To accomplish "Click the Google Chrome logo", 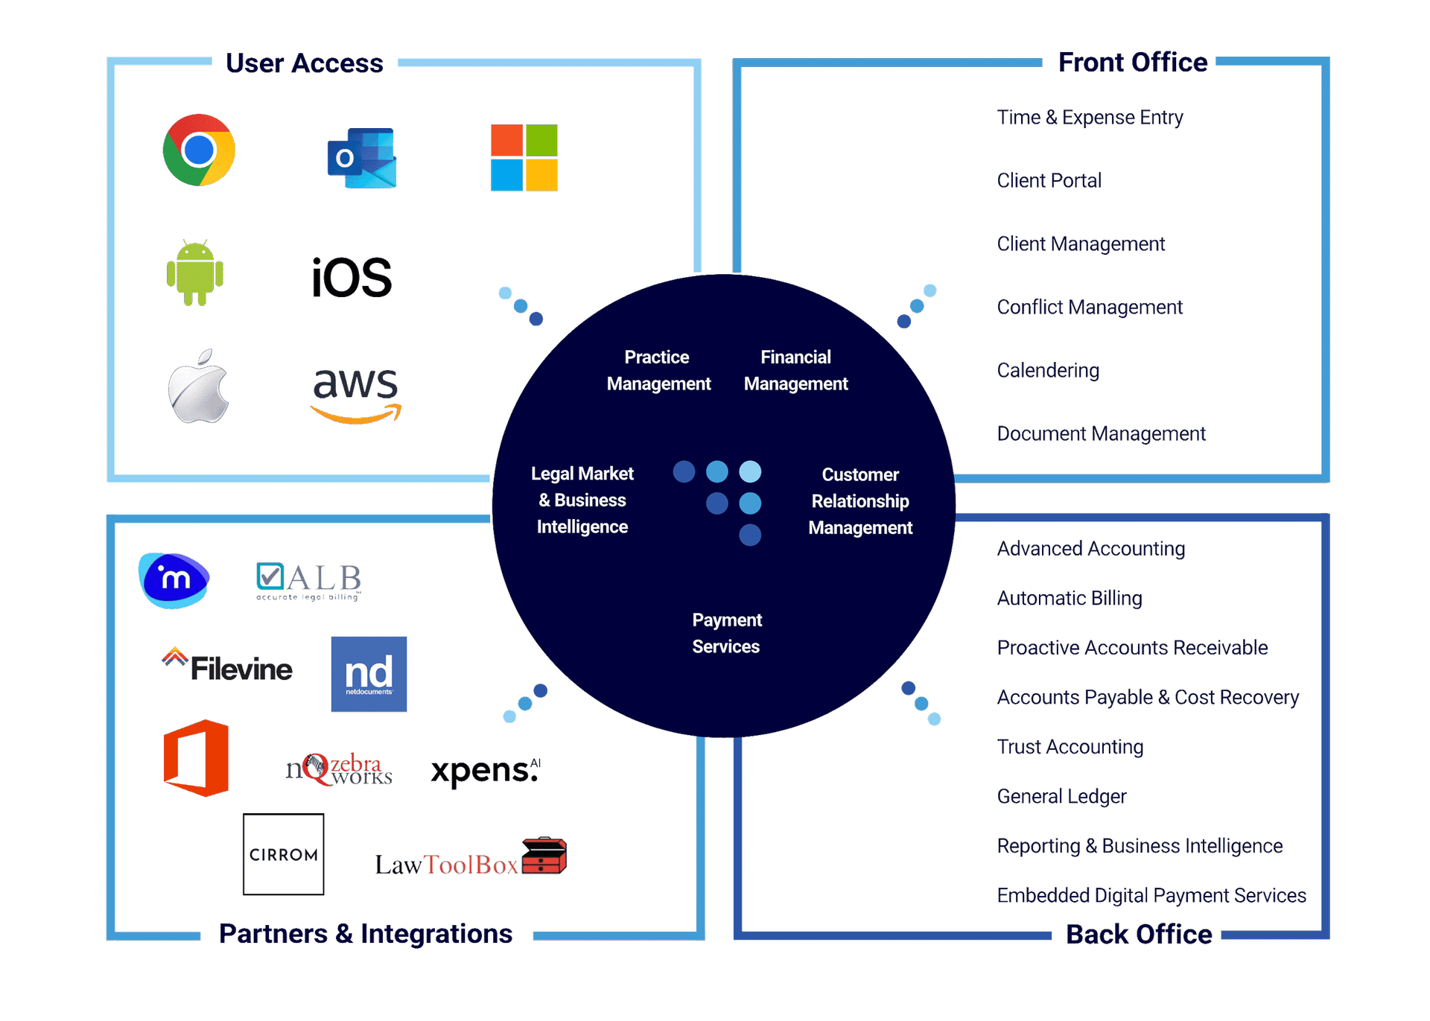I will [199, 150].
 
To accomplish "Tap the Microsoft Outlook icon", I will [362, 158].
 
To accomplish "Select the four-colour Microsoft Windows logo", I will [524, 158].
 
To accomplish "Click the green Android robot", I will [195, 273].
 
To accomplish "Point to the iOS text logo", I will [352, 278].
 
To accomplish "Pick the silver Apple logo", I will [199, 387].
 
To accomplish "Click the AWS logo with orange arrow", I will [356, 395].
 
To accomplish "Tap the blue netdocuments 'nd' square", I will [369, 674].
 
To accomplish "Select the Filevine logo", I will [228, 667].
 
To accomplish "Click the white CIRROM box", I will [284, 854].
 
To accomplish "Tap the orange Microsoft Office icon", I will [197, 758].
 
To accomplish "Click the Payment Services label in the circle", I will [726, 633].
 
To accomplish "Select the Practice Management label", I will [658, 370].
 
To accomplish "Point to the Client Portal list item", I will [1049, 180].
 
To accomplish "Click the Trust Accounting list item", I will [1070, 747].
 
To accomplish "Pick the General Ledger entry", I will [1062, 796].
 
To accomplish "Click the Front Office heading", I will [1133, 63].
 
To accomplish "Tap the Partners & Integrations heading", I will [366, 934].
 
